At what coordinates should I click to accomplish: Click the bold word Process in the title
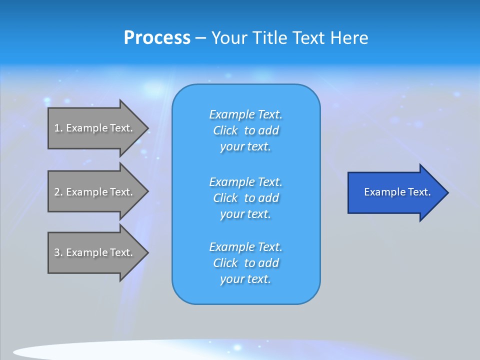pos(157,38)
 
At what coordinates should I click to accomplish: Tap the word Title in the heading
pos(269,38)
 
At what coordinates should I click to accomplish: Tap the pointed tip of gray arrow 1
pos(147,128)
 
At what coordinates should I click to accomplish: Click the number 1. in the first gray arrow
pos(58,128)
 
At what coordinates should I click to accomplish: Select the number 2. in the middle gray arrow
pos(58,192)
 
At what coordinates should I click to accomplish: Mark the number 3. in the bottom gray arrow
pos(58,252)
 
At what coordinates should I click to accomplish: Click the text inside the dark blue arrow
pos(397,192)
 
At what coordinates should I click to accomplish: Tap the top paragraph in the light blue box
pos(246,130)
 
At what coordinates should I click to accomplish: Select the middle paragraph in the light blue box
pos(246,198)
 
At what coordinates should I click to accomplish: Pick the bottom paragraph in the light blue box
pos(246,263)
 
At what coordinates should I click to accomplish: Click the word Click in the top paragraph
pos(225,130)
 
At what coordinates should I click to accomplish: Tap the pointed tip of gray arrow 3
pos(147,253)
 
